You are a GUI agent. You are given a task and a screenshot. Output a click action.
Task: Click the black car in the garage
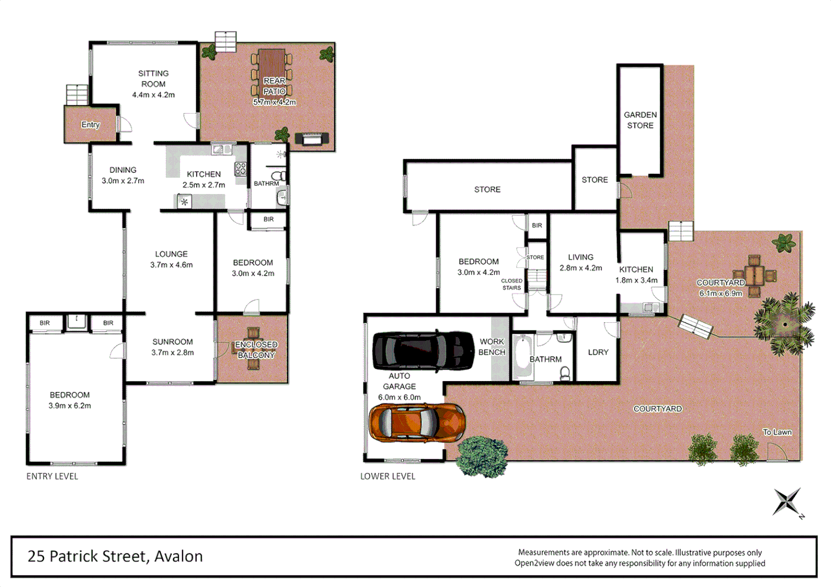coord(423,351)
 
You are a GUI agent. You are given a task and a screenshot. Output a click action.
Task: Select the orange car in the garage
coord(417,422)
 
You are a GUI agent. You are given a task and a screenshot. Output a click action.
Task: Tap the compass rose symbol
coord(787,501)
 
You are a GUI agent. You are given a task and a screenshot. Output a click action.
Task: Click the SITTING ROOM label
coord(153,79)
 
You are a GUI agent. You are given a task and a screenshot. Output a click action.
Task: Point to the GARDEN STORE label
coord(640,120)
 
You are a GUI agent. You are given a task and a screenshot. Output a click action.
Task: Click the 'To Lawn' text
coord(777,432)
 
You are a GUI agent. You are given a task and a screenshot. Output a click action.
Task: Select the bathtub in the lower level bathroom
coord(523,357)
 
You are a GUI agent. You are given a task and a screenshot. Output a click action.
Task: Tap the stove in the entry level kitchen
coord(240,169)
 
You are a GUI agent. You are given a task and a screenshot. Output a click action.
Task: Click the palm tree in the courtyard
coord(785,324)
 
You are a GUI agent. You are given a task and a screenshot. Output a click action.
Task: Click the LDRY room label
coord(598,352)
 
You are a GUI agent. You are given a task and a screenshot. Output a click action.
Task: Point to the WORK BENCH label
coord(492,347)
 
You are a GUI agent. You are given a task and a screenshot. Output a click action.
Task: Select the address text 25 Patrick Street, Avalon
coord(115,556)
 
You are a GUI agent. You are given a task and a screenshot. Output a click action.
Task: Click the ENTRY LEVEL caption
coord(52,476)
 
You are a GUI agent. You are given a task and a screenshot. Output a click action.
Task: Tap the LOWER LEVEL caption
coord(388,476)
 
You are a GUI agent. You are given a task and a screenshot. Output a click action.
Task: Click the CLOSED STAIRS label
coord(511,284)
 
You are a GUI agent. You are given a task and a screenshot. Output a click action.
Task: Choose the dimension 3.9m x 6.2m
coord(70,405)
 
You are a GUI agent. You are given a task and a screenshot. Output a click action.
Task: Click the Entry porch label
coord(90,124)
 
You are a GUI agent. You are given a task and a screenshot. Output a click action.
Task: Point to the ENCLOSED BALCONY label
coord(256,349)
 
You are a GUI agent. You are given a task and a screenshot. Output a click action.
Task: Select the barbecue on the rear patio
coord(312,139)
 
